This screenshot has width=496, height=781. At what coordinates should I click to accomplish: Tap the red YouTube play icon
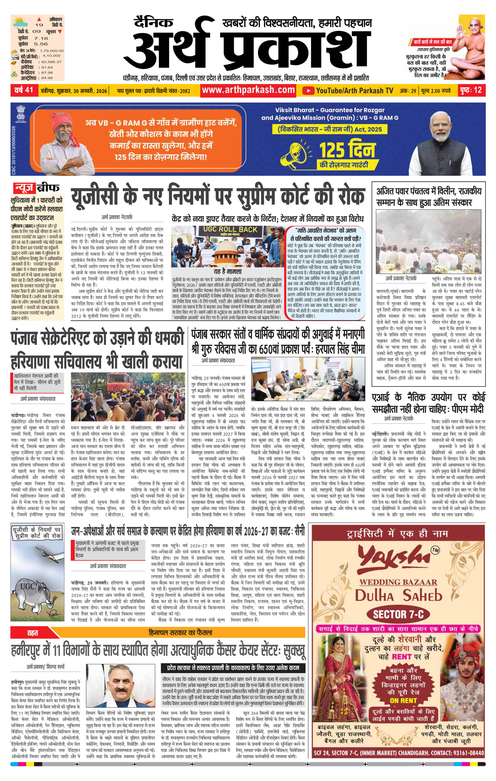tap(308, 91)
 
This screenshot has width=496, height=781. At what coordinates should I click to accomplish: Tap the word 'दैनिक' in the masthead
tap(154, 23)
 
